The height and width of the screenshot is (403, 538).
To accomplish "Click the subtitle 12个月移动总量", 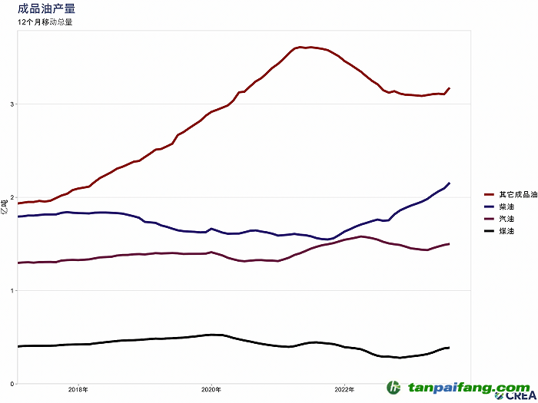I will click(x=45, y=22).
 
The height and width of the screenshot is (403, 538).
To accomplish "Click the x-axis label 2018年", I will click(x=78, y=390).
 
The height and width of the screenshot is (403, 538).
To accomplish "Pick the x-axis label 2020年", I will click(x=211, y=390).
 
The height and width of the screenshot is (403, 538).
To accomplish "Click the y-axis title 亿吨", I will click(x=5, y=206).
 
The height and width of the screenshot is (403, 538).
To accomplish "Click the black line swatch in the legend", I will click(x=489, y=231).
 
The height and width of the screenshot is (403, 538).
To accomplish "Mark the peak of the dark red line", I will click(x=301, y=47).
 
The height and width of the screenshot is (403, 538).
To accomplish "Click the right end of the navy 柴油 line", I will click(x=449, y=183).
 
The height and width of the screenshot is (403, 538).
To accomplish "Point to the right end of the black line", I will click(x=449, y=348).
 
